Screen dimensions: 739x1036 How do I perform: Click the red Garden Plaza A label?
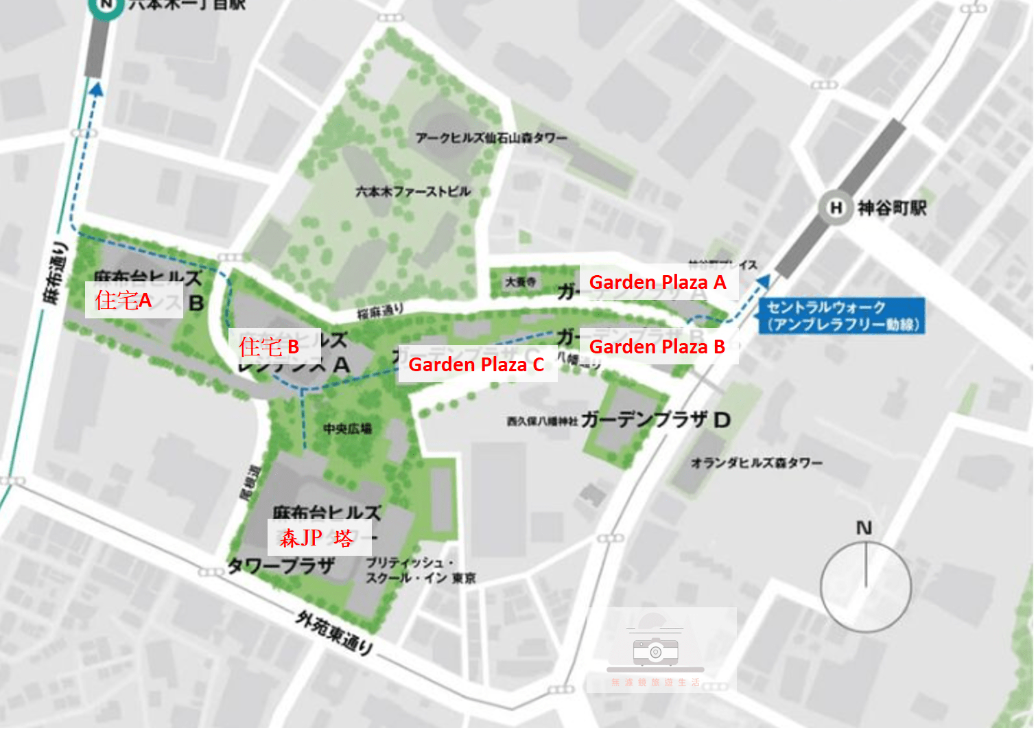(x=657, y=282)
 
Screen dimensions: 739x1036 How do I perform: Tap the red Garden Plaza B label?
(x=657, y=347)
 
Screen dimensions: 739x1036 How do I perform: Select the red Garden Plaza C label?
(x=476, y=364)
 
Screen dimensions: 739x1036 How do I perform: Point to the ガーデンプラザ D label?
(x=655, y=419)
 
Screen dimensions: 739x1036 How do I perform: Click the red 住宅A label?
(x=123, y=300)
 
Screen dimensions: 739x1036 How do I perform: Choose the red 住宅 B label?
(x=269, y=347)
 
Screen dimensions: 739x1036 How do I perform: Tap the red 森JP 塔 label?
(x=316, y=537)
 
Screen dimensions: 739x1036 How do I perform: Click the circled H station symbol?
(x=835, y=207)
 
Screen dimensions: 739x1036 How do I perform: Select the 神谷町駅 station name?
(x=891, y=207)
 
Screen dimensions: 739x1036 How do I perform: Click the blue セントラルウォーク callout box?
(x=841, y=316)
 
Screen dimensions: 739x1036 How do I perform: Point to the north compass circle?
(x=865, y=586)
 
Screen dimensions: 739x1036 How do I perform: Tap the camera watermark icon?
(x=655, y=649)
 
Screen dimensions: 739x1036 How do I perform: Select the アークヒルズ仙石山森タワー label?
(x=491, y=138)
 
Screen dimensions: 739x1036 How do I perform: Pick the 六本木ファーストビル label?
(x=413, y=191)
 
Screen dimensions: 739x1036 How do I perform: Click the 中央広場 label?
(x=347, y=429)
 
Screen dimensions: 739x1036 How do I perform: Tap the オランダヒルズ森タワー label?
(x=756, y=463)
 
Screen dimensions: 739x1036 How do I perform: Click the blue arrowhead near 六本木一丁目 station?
(x=96, y=88)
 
